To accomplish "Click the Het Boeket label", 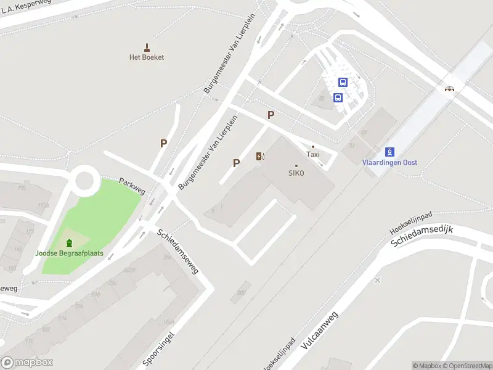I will coord(147,57).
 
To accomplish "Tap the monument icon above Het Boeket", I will coord(147,47).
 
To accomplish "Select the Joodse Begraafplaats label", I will coord(69,253).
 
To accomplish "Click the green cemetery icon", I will coord(69,243).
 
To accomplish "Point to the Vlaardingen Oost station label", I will coord(389,162).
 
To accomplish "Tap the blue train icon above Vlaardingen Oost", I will coord(389,152).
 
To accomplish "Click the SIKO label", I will coord(296,173).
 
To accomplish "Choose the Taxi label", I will coord(313,155).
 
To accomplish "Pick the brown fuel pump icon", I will coord(261,156).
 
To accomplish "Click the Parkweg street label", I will coord(132,187).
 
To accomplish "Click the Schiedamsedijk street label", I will coord(422,237).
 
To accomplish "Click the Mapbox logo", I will coord(27,363).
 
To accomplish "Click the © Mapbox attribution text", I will coord(426,366).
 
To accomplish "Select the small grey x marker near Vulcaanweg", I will coord(377,280).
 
